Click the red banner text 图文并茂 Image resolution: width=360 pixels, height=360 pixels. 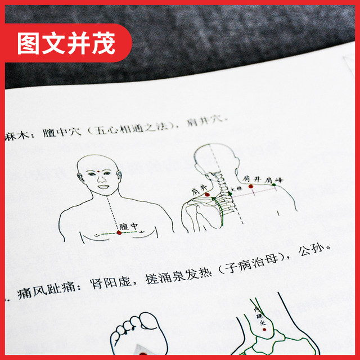coord(66,44)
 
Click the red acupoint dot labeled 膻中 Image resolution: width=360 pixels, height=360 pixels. coord(119,232)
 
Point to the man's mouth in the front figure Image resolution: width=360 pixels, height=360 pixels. coord(102,187)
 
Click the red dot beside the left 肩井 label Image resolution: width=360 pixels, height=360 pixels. coord(206,195)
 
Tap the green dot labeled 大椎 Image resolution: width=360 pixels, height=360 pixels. coord(229,195)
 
